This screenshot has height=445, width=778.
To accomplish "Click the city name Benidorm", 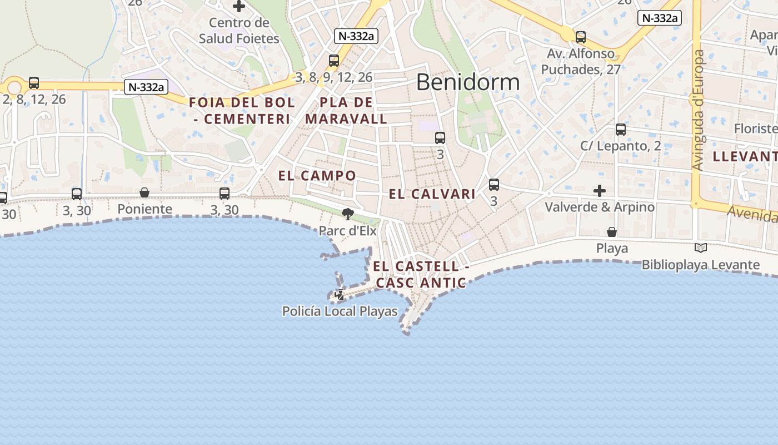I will click(x=467, y=82).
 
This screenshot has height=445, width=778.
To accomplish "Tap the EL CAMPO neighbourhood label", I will click(x=317, y=176).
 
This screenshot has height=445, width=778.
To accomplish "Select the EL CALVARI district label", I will click(x=432, y=194).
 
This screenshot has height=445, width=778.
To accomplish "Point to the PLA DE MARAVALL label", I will click(x=346, y=111).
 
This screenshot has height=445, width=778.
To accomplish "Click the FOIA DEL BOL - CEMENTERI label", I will click(x=242, y=111).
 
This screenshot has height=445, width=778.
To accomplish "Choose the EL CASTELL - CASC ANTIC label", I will click(x=421, y=275).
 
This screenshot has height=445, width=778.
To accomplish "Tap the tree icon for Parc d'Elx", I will click(x=348, y=214).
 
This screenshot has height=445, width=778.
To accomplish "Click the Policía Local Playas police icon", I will click(x=339, y=295).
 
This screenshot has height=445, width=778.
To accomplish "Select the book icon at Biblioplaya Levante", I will click(x=701, y=248).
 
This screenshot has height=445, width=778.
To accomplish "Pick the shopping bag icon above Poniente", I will click(x=144, y=192).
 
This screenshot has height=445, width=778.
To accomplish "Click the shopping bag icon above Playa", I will click(x=612, y=231).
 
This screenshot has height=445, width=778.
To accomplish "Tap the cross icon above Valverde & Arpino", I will click(x=600, y=191).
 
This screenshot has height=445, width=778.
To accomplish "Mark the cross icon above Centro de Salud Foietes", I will click(x=239, y=7).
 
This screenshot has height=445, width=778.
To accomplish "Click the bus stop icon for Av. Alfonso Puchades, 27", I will click(x=581, y=37).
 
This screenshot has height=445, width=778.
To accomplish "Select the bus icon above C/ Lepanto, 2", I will click(x=621, y=130).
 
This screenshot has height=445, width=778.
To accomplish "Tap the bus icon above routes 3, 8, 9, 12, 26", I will click(x=334, y=61).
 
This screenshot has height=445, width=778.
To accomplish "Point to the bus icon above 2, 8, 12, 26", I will click(x=34, y=83).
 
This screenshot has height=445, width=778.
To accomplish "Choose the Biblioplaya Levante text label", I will click(x=700, y=265).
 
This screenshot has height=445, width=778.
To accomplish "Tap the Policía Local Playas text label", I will click(x=340, y=311).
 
